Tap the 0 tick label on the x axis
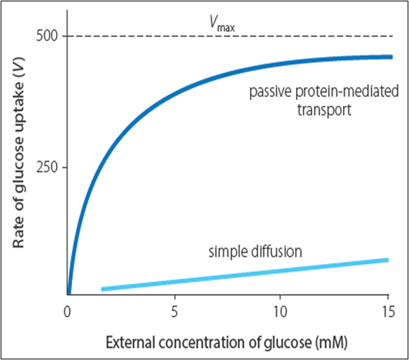tap(68, 310)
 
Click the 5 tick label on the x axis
tap(174, 310)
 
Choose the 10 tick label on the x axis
tap(280, 310)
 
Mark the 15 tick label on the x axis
tap(387, 310)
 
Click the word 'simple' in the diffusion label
tap(226, 251)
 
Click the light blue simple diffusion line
tap(242, 274)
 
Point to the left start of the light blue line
tap(103, 289)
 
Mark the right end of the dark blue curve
tap(391, 57)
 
